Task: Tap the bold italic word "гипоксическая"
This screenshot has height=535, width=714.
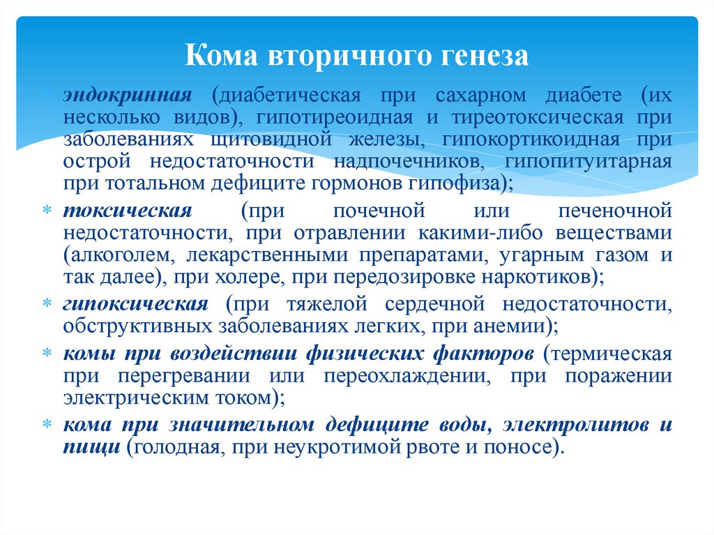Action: (x=135, y=304)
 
